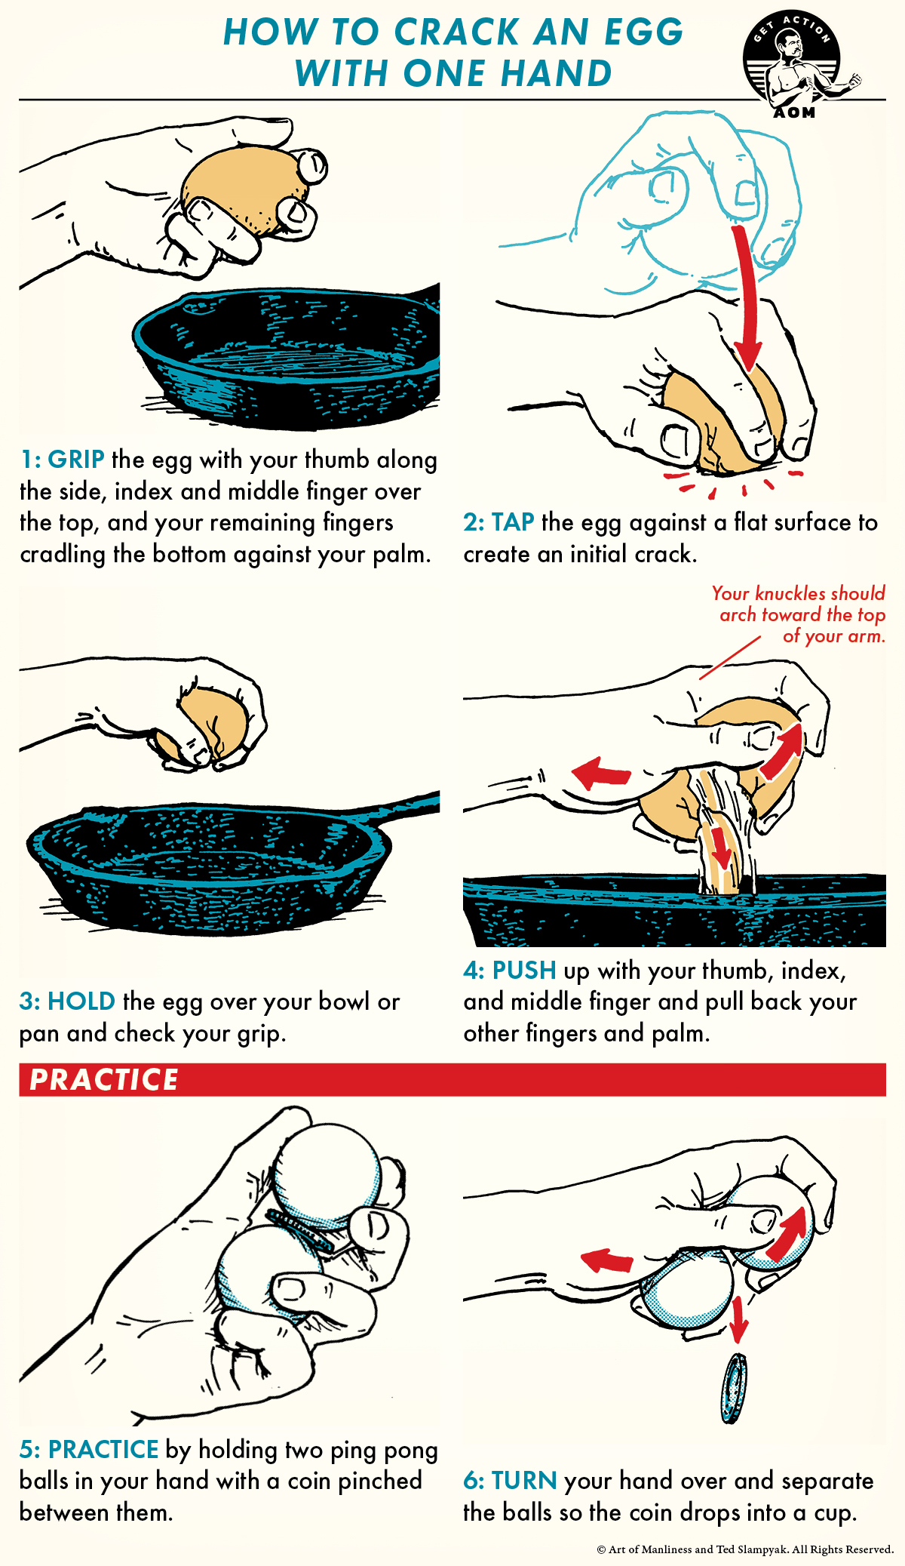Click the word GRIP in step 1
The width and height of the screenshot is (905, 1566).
[x=76, y=460]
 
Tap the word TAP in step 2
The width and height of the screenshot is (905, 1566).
[x=513, y=522]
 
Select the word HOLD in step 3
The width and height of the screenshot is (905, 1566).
[x=81, y=1001]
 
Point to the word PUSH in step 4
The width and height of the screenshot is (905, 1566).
[x=524, y=970]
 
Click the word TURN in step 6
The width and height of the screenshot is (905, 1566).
[x=524, y=1481]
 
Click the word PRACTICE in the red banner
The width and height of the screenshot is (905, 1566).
[x=104, y=1079]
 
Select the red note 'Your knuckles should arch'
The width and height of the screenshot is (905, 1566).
[x=799, y=614]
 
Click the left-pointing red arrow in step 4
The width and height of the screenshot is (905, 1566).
[x=601, y=774]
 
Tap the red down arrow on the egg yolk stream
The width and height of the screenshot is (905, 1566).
[x=722, y=849]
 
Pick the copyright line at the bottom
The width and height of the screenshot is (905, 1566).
[x=745, y=1549]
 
